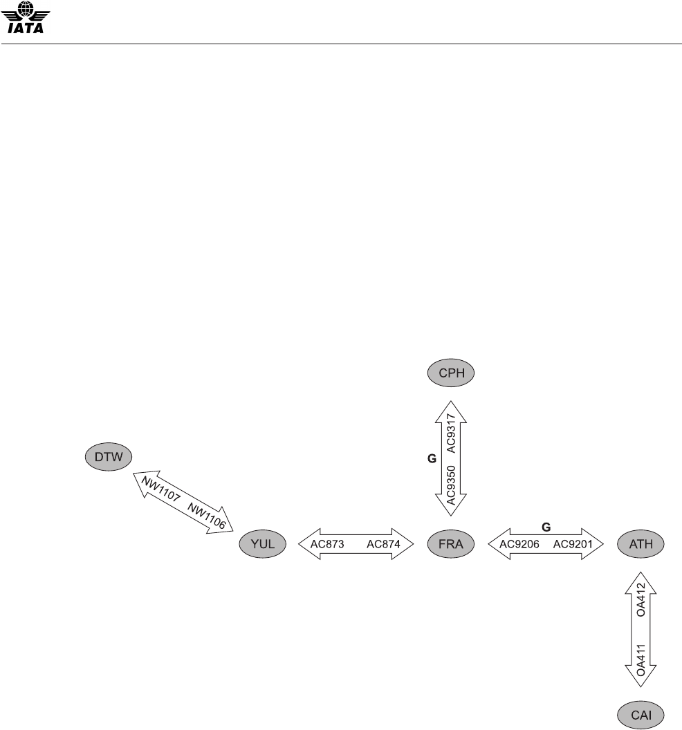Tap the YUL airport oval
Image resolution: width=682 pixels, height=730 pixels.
click(264, 544)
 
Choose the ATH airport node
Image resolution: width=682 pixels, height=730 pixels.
click(640, 544)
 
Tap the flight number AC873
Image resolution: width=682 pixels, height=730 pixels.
click(328, 544)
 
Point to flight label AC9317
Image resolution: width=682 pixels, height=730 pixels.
click(452, 433)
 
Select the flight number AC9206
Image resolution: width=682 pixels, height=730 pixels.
click(518, 544)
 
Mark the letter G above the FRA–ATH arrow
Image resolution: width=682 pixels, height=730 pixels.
click(546, 527)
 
